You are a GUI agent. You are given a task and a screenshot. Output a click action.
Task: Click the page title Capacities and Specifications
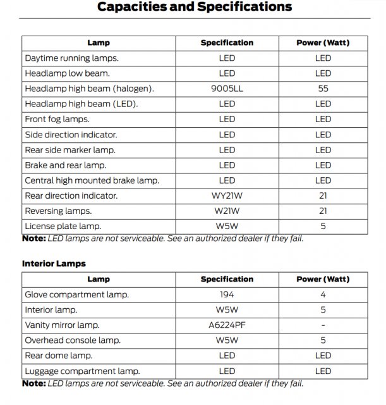click(195, 8)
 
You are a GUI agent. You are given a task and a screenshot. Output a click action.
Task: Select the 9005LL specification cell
click(227, 89)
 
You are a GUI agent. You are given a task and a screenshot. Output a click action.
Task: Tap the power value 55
click(323, 89)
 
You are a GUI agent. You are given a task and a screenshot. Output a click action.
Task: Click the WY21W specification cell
click(227, 196)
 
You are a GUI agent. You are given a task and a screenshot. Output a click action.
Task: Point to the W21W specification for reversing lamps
click(227, 211)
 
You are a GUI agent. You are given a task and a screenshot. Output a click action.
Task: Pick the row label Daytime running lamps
click(71, 58)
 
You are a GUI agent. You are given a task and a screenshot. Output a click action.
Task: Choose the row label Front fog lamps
click(57, 119)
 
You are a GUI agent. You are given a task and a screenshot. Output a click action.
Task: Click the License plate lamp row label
click(63, 226)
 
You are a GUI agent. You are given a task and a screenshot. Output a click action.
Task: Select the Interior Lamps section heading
click(54, 263)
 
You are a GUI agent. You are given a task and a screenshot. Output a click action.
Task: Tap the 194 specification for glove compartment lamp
click(227, 294)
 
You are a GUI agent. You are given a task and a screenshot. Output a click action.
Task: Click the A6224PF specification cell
click(227, 325)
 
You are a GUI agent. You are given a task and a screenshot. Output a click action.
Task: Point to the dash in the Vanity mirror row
click(323, 325)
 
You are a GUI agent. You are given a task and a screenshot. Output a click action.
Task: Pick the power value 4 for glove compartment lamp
click(323, 294)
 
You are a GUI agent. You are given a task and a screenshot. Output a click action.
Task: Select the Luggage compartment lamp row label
click(82, 371)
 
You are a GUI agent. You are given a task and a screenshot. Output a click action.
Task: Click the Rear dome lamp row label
click(58, 356)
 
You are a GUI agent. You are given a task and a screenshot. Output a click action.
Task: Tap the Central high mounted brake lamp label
click(92, 180)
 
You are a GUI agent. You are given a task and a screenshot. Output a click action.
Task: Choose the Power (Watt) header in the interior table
click(323, 279)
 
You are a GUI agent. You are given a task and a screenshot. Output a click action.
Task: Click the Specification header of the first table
click(227, 43)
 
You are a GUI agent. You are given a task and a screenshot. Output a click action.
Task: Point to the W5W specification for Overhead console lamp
click(227, 340)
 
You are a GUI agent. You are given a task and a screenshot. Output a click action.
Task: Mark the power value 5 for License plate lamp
click(323, 226)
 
